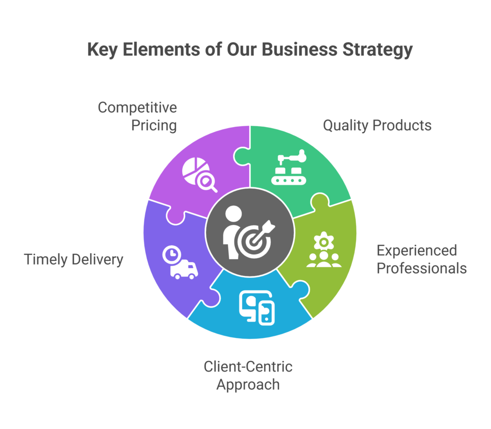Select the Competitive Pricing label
coord(137,116)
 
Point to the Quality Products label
coord(377,125)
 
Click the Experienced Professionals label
coord(421,259)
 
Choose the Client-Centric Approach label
coord(248,375)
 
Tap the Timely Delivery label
coord(73,260)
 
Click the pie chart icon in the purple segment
coord(194,169)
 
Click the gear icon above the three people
coord(324,241)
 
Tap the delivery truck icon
coord(184,270)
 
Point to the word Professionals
coord(421,268)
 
